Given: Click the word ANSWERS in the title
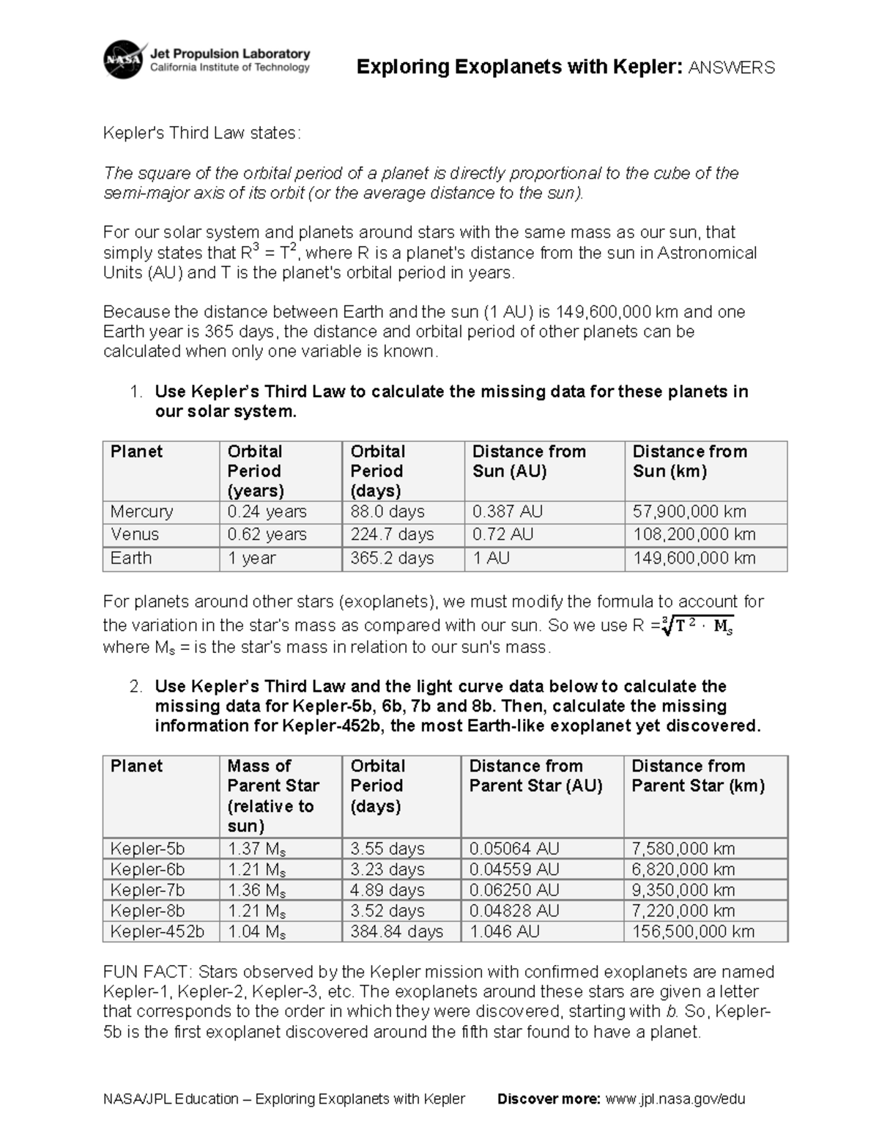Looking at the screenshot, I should click(x=731, y=67).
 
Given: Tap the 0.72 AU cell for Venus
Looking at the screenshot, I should click(x=502, y=534).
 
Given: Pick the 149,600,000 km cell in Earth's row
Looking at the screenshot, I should click(x=694, y=558).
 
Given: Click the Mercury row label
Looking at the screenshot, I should click(x=141, y=511).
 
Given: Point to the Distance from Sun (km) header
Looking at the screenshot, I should click(x=689, y=461).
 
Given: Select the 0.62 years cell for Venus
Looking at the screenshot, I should click(x=267, y=534).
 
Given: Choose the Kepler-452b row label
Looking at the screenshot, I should click(x=157, y=931).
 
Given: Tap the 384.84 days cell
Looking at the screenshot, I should click(x=396, y=931).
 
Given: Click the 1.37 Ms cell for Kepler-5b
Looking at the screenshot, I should click(x=256, y=849).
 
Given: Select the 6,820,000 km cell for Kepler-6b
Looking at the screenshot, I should click(x=683, y=869).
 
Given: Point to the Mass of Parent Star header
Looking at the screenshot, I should click(x=272, y=795).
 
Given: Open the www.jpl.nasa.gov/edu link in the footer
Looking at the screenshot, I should click(x=675, y=1098).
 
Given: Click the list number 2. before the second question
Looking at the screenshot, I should click(x=135, y=687).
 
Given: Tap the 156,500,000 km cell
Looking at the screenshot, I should click(x=692, y=931).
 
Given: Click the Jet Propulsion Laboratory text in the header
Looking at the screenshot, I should click(x=230, y=53).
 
